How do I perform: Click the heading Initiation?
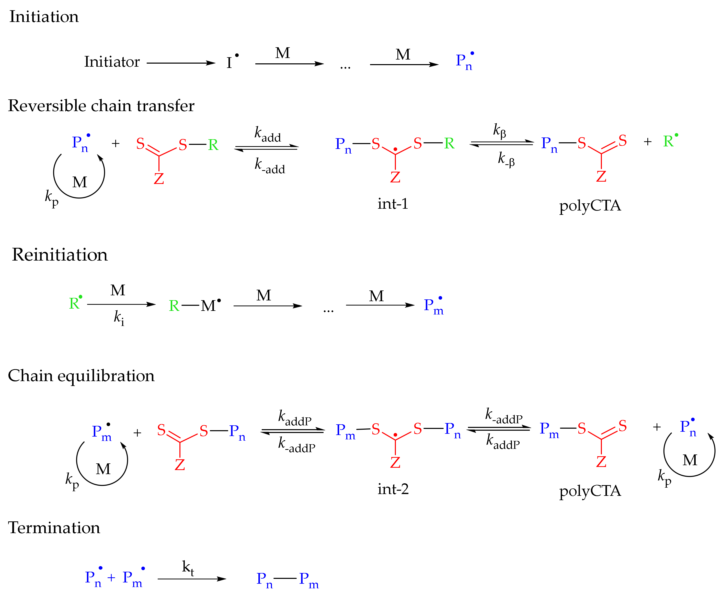pyautogui.click(x=44, y=17)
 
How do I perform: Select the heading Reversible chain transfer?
pyautogui.click(x=101, y=106)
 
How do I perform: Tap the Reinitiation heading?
pyautogui.click(x=60, y=255)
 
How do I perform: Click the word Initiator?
pyautogui.click(x=112, y=62)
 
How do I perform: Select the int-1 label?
pyautogui.click(x=393, y=204)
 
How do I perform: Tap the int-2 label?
pyautogui.click(x=393, y=489)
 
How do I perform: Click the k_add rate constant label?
pyautogui.click(x=268, y=134)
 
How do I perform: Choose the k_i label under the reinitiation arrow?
pyautogui.click(x=119, y=318)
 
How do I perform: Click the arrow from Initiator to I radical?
pyautogui.click(x=181, y=63)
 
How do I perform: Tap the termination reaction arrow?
pyautogui.click(x=192, y=579)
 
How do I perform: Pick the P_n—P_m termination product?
pyautogui.click(x=288, y=580)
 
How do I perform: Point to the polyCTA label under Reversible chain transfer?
pyautogui.click(x=590, y=206)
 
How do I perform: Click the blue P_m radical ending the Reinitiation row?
pyautogui.click(x=433, y=305)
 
